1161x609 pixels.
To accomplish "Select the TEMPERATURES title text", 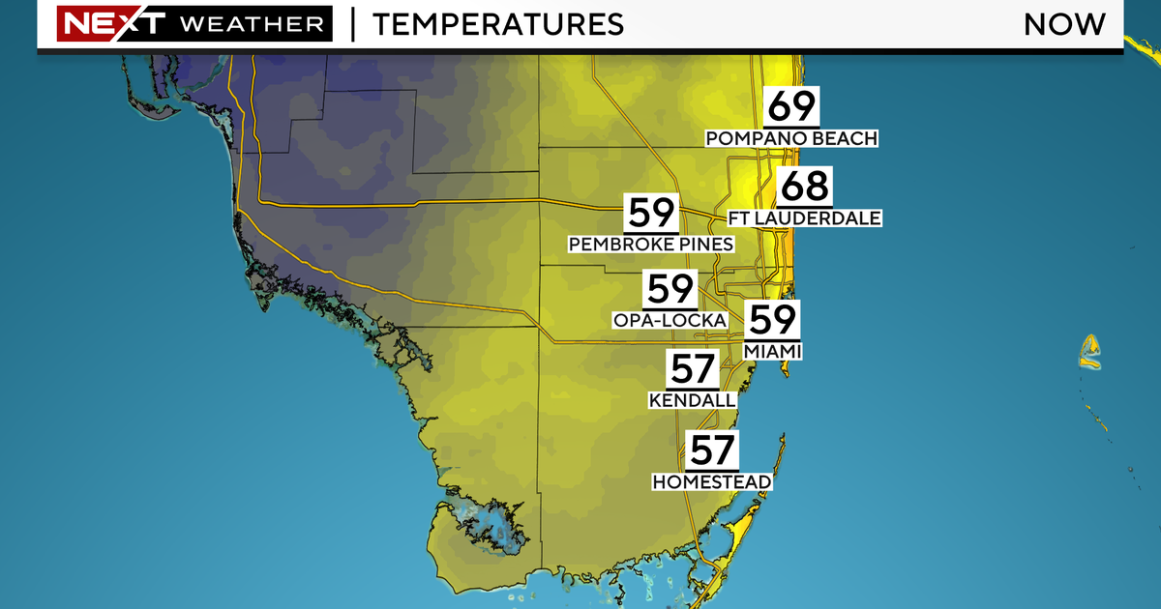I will (497, 24).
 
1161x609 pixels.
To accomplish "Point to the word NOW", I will (1064, 24).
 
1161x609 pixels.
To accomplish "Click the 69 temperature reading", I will (791, 106).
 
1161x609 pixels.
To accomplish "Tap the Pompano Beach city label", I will (791, 139).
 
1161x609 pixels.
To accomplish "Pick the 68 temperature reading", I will (805, 186).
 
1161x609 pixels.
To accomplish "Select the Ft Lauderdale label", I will (805, 218).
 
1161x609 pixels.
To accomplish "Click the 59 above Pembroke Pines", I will (651, 213).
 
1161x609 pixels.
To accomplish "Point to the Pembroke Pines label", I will (651, 245).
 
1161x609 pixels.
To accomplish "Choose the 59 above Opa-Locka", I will (670, 288).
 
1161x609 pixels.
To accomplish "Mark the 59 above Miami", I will (772, 320).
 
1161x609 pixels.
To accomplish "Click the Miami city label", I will (772, 351).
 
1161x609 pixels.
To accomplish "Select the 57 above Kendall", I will (692, 369).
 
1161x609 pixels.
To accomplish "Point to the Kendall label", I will (692, 400).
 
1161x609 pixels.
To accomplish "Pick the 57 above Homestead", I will (712, 450).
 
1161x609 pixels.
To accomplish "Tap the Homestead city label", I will (712, 481).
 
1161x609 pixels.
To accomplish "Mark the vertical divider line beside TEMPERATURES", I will (352, 24).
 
